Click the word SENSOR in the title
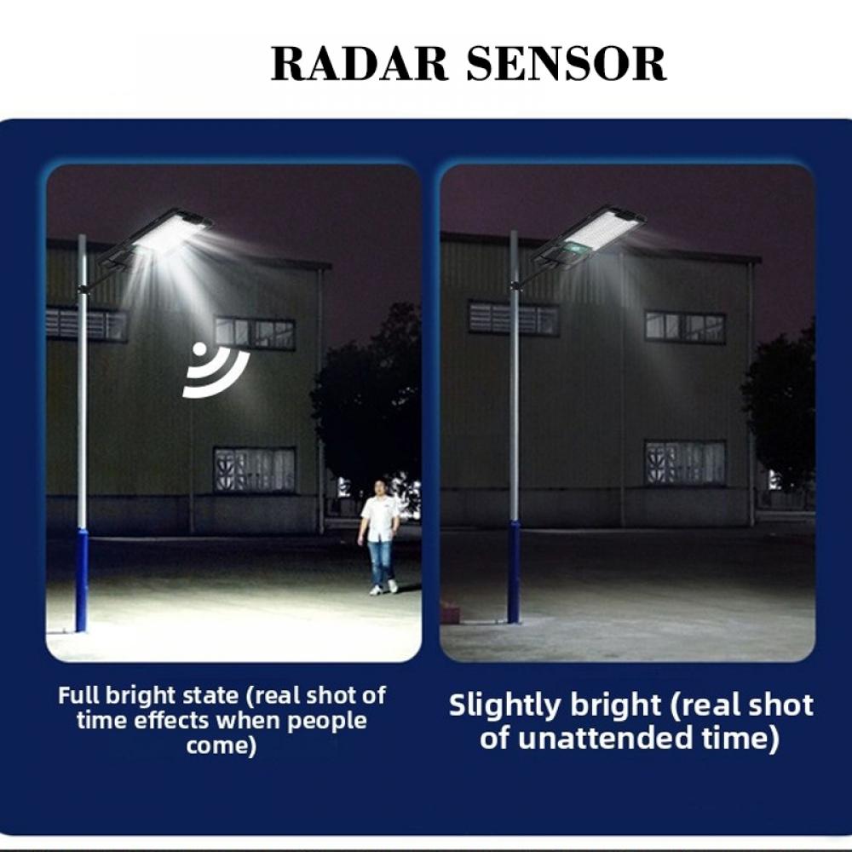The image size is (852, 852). point(566,65)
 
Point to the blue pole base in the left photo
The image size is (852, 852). point(82,579)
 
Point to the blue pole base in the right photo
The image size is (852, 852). point(514,571)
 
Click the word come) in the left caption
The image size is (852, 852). point(222,746)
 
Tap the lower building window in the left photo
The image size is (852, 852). point(254,469)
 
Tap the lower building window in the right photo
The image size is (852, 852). point(685,462)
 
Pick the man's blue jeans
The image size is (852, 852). point(380,562)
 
